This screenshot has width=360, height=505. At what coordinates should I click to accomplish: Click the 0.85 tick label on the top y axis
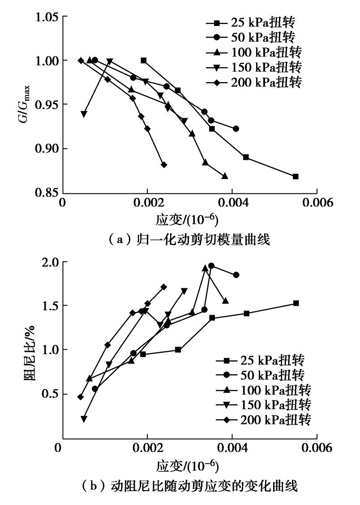click(x=47, y=193)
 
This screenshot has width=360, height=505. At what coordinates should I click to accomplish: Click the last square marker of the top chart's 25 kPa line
click(x=296, y=176)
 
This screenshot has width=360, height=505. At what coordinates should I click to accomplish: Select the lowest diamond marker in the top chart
click(x=164, y=165)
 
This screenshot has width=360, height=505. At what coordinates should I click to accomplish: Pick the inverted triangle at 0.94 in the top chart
click(x=84, y=114)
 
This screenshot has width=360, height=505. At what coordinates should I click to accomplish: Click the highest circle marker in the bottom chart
click(x=211, y=265)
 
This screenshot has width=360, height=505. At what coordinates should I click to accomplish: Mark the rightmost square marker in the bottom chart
click(x=296, y=303)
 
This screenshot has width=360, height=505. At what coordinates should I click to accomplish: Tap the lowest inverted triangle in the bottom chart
click(x=84, y=419)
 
